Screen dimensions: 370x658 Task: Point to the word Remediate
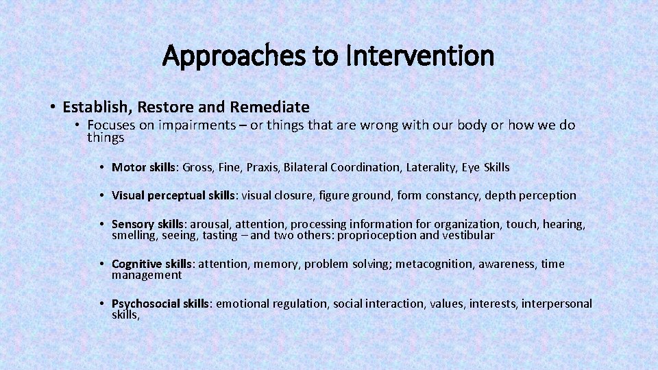[270, 107]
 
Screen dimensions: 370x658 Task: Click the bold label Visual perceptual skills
[173, 195]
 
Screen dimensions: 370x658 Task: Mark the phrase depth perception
[531, 195]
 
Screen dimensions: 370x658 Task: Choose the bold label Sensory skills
[147, 224]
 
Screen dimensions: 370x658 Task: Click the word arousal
[210, 224]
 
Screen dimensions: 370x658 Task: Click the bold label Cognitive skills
[151, 264]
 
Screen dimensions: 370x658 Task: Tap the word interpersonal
[557, 304]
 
